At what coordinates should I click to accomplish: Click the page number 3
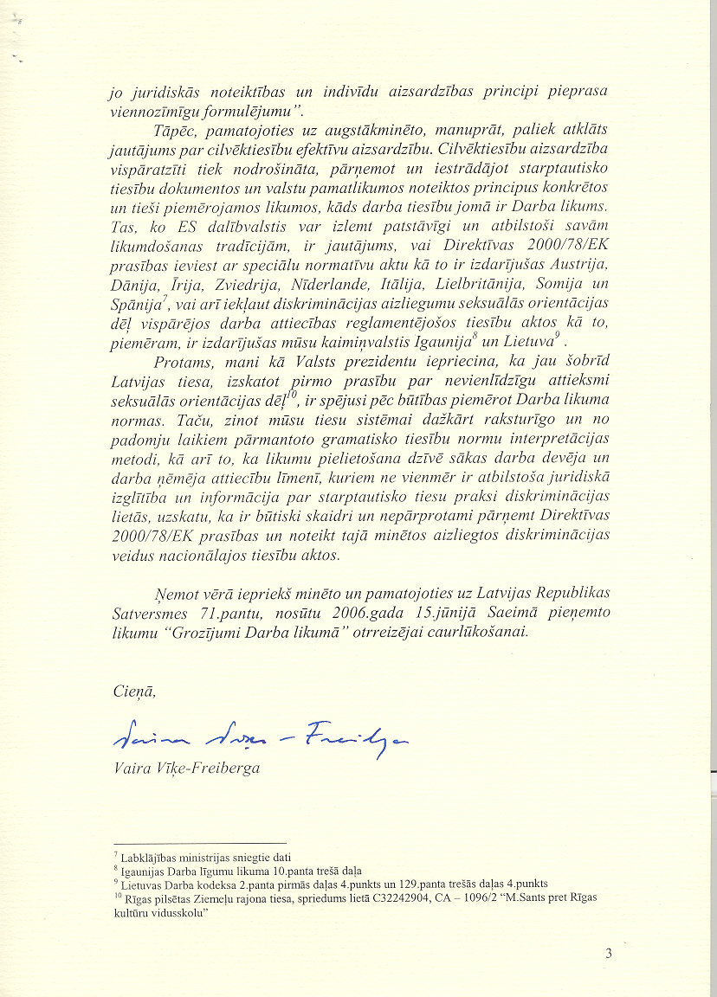click(609, 954)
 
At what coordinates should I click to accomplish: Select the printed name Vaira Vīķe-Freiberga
click(187, 768)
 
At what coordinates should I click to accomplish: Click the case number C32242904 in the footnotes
click(398, 897)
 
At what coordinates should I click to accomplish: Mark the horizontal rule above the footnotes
click(199, 843)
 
